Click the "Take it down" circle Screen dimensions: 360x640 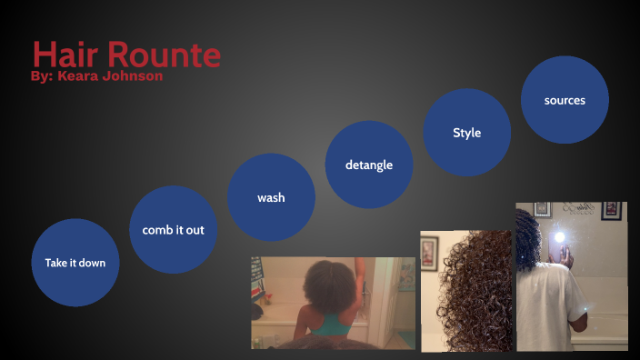(x=75, y=263)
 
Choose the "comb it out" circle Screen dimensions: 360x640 (x=173, y=230)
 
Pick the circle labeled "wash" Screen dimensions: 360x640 (x=271, y=197)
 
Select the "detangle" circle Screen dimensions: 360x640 (x=369, y=165)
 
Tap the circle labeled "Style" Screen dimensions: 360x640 (x=466, y=133)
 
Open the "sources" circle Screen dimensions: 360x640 (x=565, y=100)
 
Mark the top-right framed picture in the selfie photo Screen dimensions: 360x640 (x=612, y=211)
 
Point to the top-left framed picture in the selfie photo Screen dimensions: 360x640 (x=543, y=209)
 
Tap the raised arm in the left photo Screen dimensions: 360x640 (x=361, y=273)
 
